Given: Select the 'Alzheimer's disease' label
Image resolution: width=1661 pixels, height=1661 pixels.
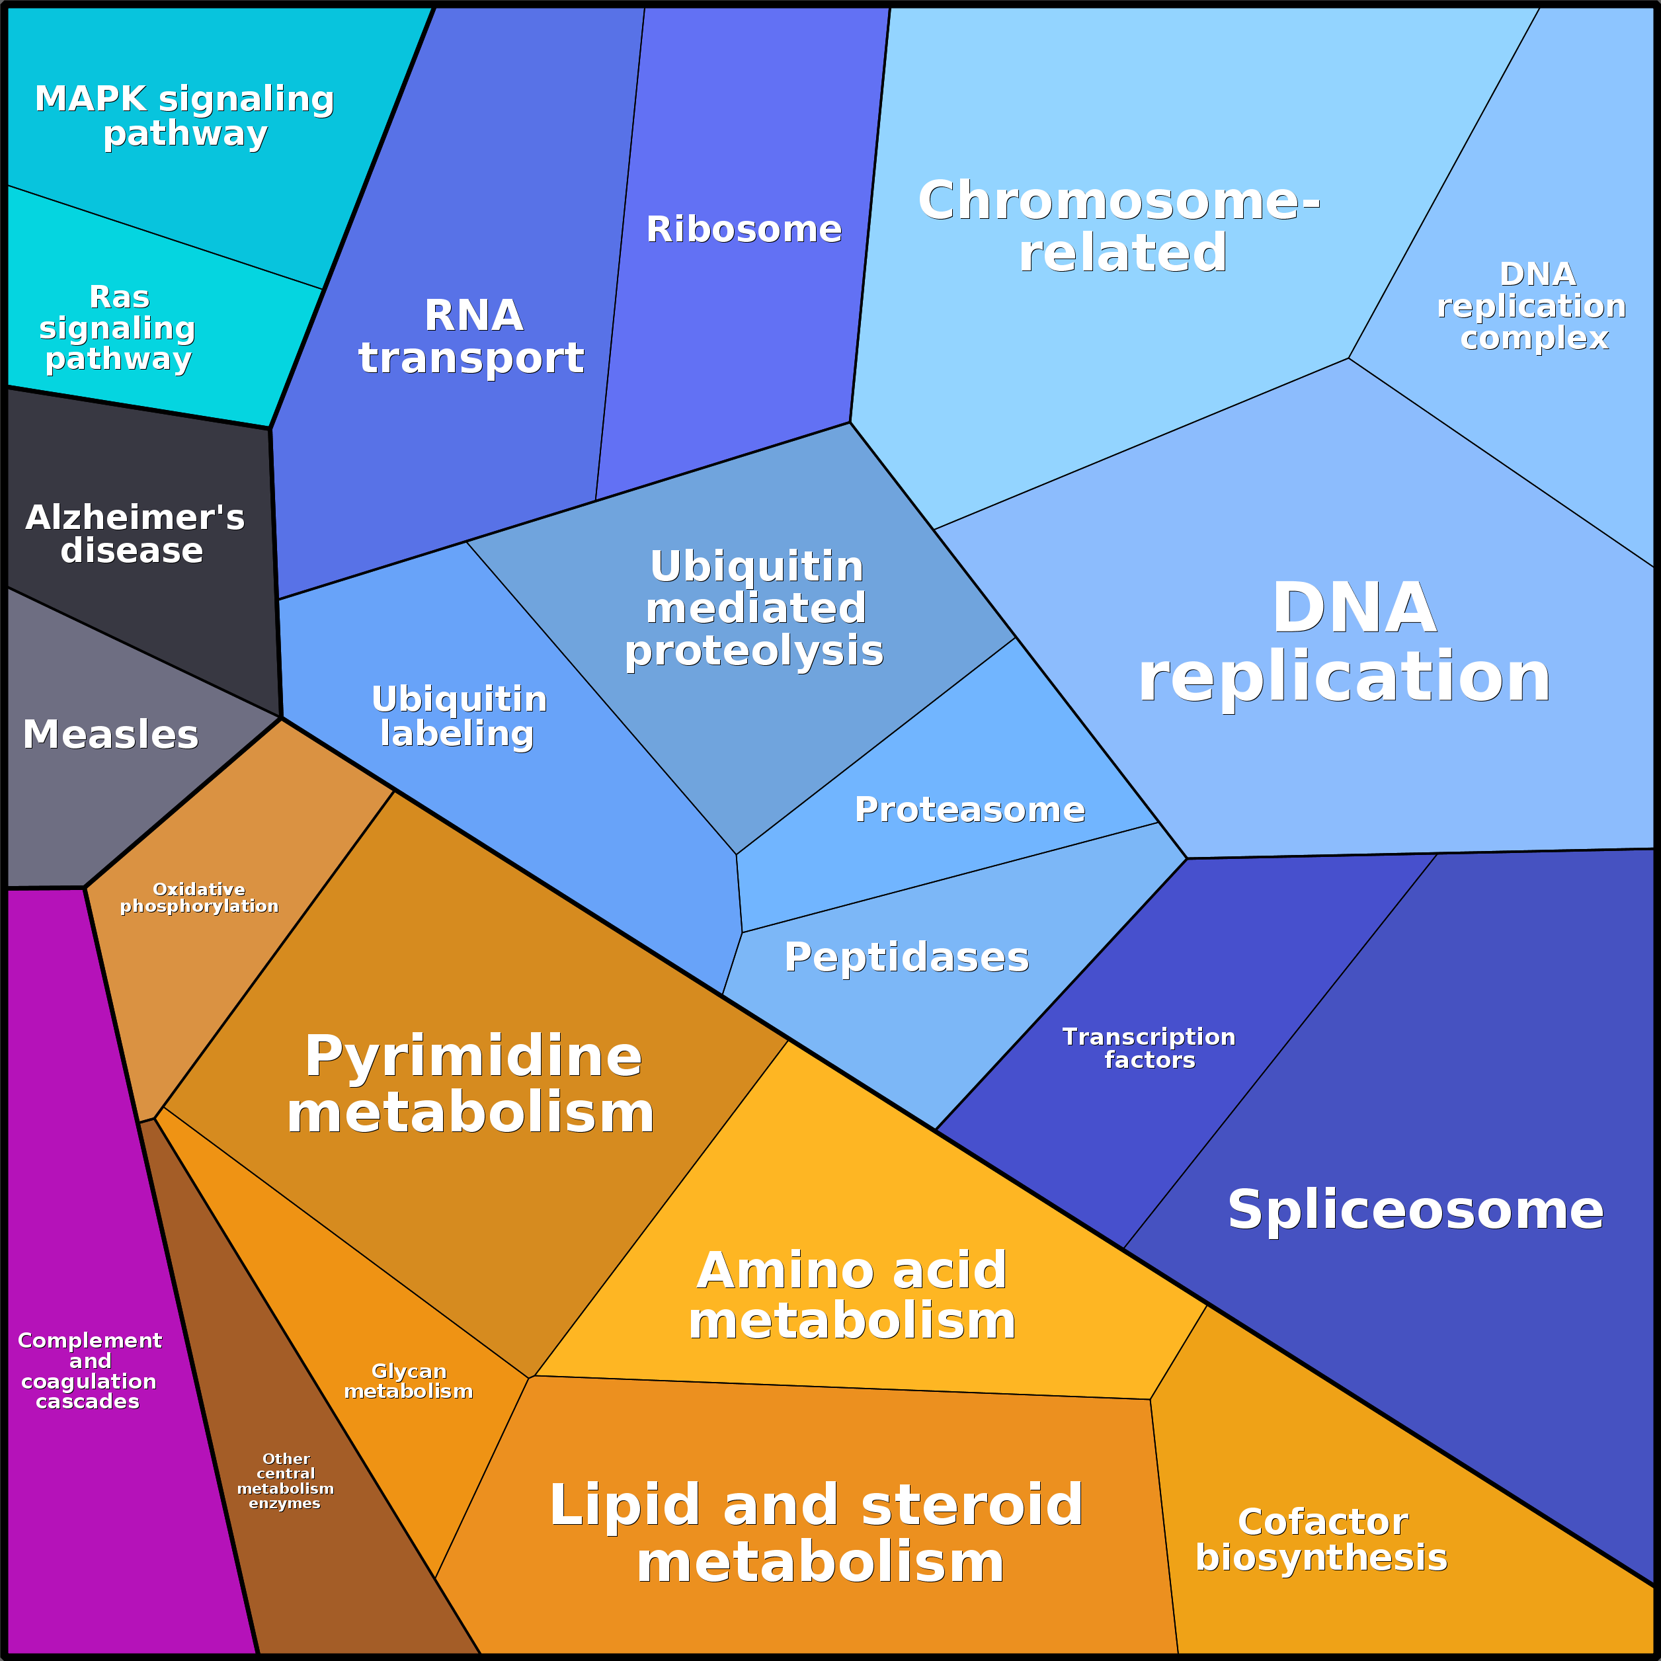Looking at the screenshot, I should [x=134, y=534].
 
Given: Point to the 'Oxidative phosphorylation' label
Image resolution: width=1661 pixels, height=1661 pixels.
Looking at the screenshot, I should [x=198, y=897].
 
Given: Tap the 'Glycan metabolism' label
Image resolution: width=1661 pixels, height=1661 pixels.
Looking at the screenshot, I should [x=409, y=1381].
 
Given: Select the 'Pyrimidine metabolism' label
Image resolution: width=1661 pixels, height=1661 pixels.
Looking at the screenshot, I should [x=472, y=1084].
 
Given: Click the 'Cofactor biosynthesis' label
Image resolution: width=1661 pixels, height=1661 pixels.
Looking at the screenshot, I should [x=1321, y=1540].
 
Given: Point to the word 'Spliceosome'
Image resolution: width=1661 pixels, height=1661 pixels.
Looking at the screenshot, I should [x=1415, y=1209].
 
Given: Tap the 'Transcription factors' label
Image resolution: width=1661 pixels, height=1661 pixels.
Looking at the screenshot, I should [x=1149, y=1048].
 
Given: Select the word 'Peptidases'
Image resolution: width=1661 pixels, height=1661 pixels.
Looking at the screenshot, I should [x=906, y=957].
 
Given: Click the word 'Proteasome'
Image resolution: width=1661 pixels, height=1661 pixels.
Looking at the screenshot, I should [x=970, y=809].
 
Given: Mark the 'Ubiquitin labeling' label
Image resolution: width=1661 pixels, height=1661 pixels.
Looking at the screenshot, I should [x=459, y=716].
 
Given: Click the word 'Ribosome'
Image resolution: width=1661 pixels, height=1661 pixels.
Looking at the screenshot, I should [x=744, y=229].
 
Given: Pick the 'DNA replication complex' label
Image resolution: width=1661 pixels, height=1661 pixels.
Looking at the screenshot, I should [x=1532, y=306].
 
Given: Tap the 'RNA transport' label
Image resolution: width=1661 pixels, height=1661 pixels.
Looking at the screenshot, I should [x=472, y=336].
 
